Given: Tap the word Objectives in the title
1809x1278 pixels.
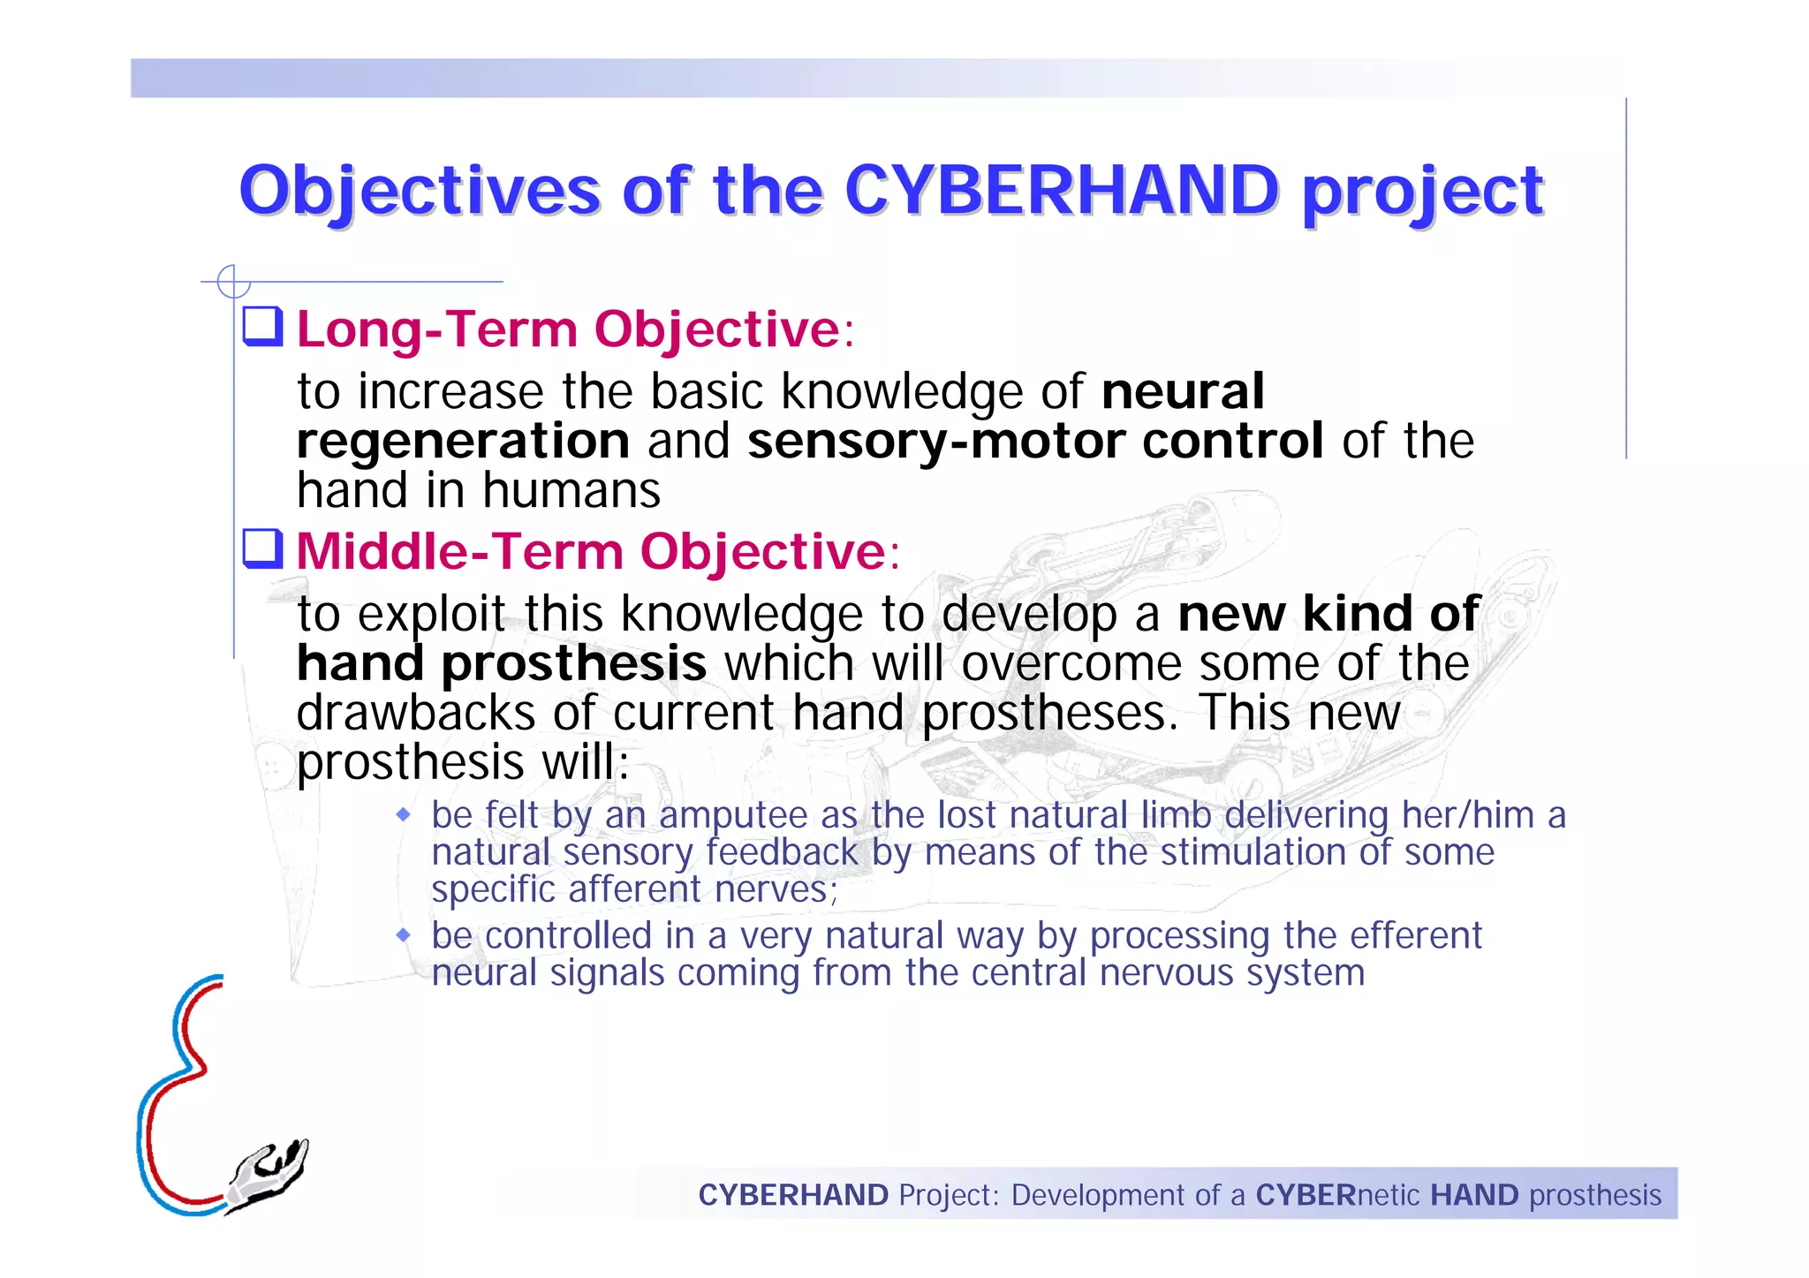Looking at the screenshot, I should coord(420,192).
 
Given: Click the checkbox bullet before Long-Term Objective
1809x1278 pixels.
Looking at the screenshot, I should coord(262,326).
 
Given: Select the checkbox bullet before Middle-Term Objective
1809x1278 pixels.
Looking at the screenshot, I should coord(262,548).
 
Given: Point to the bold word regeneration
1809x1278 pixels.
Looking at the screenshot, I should coord(463,442).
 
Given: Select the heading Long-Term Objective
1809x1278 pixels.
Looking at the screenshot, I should coord(568,329).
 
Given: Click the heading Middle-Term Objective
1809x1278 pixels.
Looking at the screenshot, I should coord(590,552).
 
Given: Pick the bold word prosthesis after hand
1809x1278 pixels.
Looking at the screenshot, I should coord(573,664).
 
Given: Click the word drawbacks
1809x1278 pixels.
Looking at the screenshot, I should coord(415,713).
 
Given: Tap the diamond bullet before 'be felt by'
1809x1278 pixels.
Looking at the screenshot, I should coord(404,814).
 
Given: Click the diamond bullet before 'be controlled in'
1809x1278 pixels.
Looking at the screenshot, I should coord(404,934).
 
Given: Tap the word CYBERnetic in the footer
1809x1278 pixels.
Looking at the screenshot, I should coord(1337,1195).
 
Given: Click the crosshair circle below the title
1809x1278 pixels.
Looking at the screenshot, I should coord(233,282).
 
